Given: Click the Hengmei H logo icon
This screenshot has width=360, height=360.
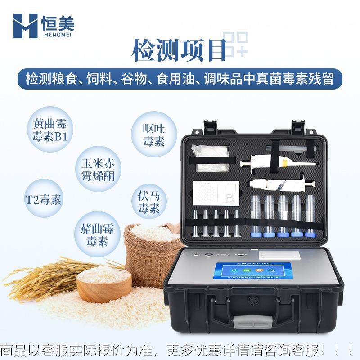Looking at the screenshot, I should point(25,26).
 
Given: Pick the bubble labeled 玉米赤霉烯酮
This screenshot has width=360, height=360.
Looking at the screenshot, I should point(98,169).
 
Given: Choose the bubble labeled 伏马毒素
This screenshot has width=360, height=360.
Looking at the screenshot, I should point(148,202).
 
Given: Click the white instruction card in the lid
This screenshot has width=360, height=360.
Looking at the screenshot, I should point(215,193).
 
